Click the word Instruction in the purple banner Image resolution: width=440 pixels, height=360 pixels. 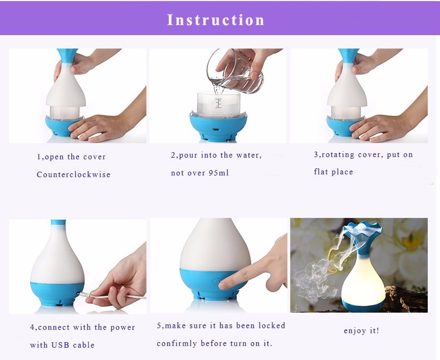click(216, 20)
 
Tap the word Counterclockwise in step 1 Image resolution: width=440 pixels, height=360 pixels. click(74, 174)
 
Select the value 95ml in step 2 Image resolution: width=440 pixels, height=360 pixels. click(218, 173)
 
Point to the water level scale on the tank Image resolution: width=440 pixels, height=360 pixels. click(218, 103)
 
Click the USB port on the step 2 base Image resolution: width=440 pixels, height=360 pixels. click(216, 130)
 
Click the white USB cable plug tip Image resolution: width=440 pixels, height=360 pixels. click(80, 294)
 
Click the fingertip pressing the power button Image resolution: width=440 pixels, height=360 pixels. click(224, 285)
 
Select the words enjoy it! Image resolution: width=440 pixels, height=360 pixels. click(361, 330)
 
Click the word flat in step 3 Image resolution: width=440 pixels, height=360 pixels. click(320, 172)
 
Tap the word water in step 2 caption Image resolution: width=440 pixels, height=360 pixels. click(249, 155)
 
